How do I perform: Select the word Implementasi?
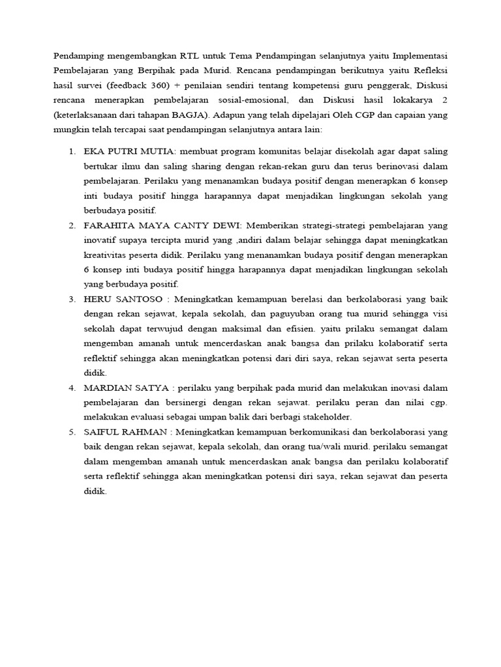(x=421, y=55)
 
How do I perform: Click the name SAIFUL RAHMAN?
(x=123, y=432)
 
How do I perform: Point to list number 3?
(x=72, y=299)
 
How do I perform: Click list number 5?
(x=72, y=432)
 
